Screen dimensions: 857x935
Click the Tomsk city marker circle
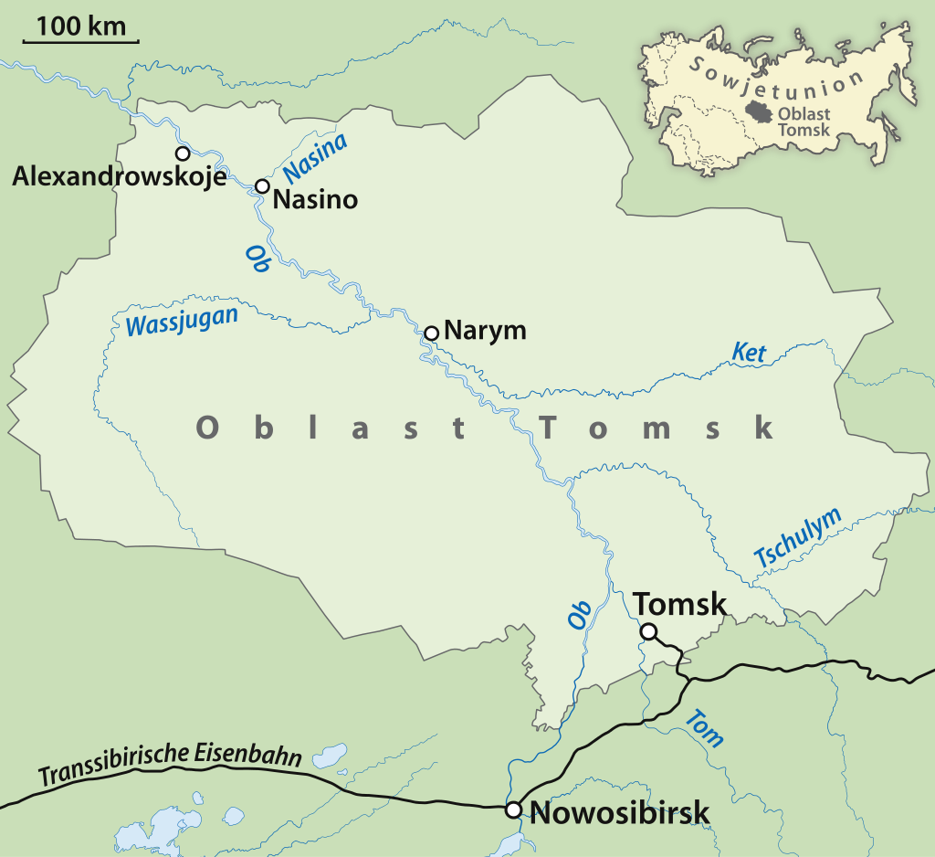click(648, 631)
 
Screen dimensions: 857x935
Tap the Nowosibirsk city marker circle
click(514, 809)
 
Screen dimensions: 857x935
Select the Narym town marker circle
click(432, 333)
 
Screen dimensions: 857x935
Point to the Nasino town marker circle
click(262, 186)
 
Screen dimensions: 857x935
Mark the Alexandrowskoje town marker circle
click(183, 153)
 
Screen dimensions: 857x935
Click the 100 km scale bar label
click(81, 26)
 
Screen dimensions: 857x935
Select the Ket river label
click(749, 352)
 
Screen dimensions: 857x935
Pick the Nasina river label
click(315, 156)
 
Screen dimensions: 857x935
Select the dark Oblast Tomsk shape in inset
click(759, 111)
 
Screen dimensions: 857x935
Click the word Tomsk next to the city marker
click(680, 604)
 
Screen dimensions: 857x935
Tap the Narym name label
click(485, 330)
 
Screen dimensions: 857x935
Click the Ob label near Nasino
click(257, 259)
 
